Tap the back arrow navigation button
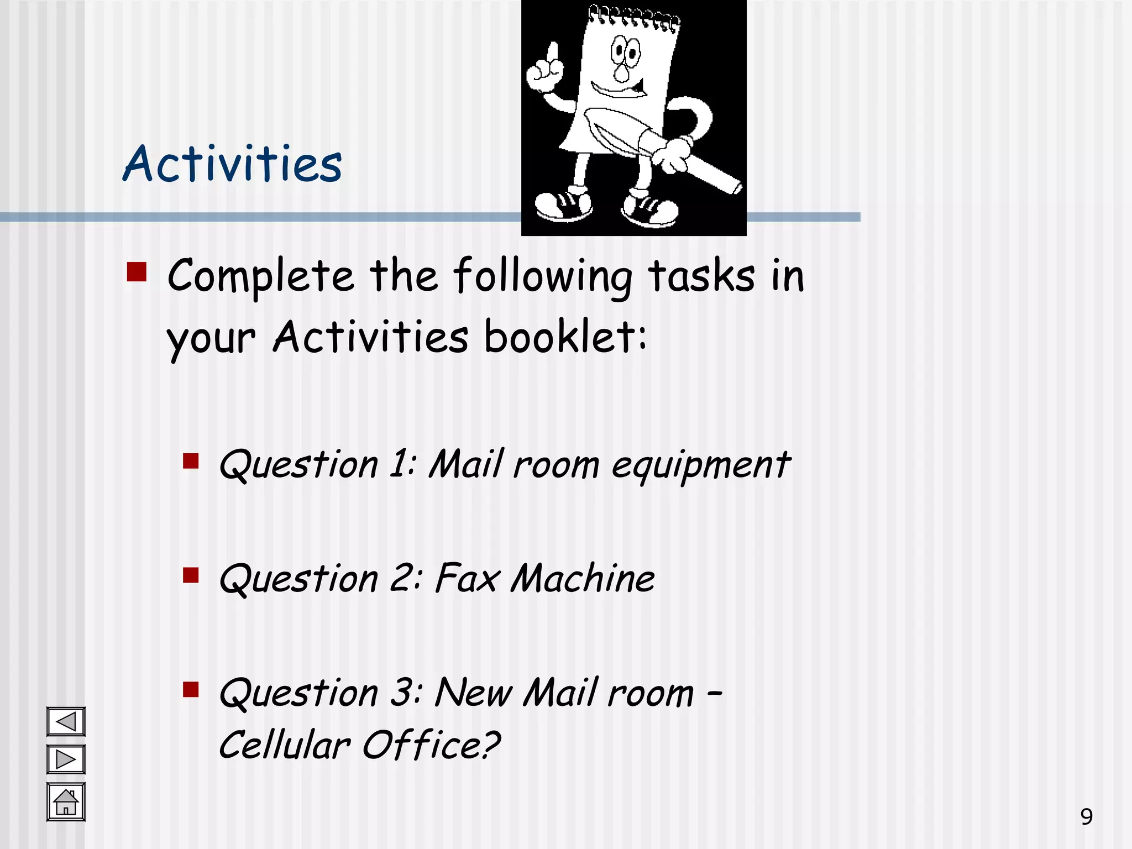[x=66, y=721]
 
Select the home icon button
[x=66, y=801]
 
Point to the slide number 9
[x=1086, y=816]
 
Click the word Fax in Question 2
[x=467, y=579]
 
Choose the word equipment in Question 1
[x=701, y=465]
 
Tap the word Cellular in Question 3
[x=285, y=745]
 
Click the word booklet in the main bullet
[x=565, y=337]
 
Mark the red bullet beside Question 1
[x=191, y=461]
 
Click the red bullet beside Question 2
[x=191, y=575]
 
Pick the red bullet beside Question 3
[x=191, y=689]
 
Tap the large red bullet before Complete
[x=137, y=272]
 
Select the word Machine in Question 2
[x=583, y=579]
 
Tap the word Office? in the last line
[x=431, y=745]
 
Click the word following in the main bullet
[x=543, y=275]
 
